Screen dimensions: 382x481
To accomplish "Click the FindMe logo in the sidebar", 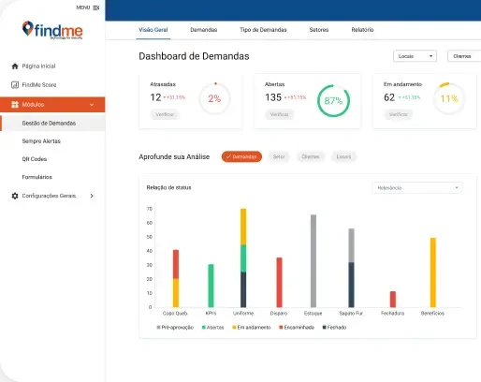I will (x=52, y=31).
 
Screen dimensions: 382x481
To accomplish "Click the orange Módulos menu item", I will (x=52, y=104).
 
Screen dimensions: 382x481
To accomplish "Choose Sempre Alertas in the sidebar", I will (x=41, y=140).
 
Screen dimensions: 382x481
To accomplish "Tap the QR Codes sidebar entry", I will (x=35, y=158).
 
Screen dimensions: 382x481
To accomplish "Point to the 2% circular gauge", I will (x=214, y=98).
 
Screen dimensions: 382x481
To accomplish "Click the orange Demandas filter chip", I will (x=241, y=156).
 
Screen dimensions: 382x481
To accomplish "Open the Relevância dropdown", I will (x=416, y=187).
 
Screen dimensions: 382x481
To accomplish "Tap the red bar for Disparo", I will (x=279, y=282).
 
